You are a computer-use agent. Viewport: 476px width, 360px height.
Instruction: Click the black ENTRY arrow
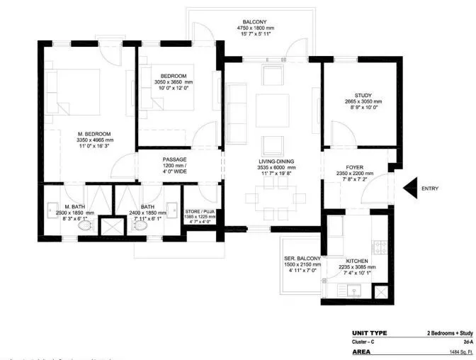[x=410, y=188]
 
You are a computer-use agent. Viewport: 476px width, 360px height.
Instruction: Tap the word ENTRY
[x=430, y=189]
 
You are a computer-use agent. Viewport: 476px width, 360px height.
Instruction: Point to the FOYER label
[x=354, y=168]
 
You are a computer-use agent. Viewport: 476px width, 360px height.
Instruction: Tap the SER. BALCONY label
[x=302, y=258]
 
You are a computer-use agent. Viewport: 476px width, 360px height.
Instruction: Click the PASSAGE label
[x=174, y=159]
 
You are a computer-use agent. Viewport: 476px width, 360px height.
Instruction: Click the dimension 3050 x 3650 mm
[x=173, y=83]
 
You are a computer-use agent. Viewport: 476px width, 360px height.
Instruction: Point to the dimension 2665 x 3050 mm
[x=363, y=101]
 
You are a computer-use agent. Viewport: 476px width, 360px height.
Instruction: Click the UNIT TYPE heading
[x=369, y=333]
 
